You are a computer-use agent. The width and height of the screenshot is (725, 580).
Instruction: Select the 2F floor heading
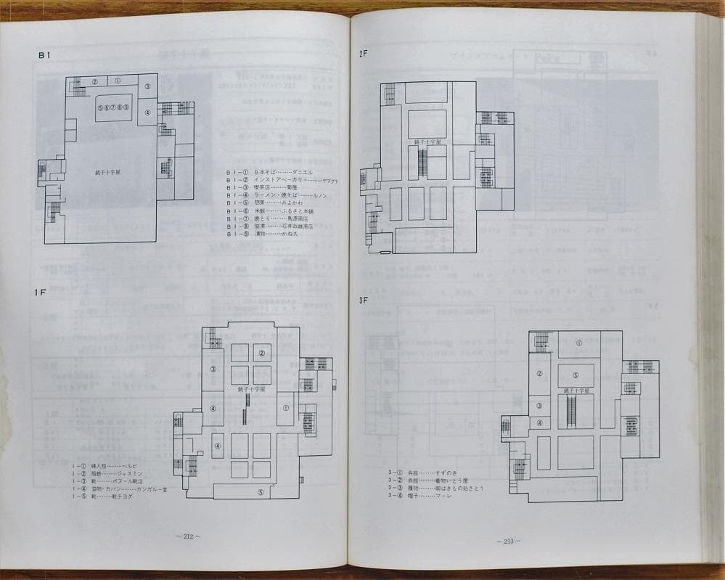click(364, 54)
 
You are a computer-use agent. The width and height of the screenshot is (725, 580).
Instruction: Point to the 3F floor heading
click(364, 300)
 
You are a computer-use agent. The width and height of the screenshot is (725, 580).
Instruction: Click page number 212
click(188, 536)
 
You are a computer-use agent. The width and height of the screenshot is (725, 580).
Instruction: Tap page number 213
click(506, 541)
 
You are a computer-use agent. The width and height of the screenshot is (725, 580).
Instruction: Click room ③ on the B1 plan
click(147, 86)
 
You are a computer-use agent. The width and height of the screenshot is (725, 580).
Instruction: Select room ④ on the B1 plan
click(147, 112)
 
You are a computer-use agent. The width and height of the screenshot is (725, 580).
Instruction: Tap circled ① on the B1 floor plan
click(118, 81)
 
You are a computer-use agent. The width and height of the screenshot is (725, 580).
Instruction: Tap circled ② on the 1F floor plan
click(261, 354)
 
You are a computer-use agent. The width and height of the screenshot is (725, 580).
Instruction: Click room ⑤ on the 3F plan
click(576, 375)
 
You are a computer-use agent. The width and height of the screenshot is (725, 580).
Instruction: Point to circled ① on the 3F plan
click(578, 343)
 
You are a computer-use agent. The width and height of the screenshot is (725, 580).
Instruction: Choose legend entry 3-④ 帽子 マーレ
click(420, 496)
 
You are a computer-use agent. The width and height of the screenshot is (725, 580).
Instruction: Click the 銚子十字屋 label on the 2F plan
click(428, 142)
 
